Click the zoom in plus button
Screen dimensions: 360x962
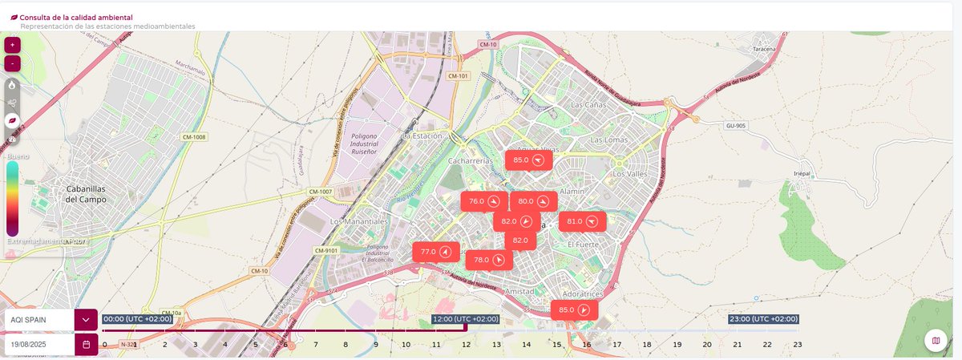[13, 46]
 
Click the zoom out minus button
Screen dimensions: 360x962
[13, 63]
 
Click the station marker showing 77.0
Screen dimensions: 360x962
[435, 252]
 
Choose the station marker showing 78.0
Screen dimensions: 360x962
[489, 260]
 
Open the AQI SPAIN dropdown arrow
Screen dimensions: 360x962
[86, 319]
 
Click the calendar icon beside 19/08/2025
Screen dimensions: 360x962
[86, 344]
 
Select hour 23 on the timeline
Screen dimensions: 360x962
[797, 344]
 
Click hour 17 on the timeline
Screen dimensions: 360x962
[616, 344]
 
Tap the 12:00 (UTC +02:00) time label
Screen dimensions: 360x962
[465, 319]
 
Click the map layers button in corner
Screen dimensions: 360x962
[936, 342]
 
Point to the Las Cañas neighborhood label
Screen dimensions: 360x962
[587, 105]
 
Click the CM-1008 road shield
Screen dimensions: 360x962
[193, 137]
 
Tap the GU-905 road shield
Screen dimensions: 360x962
[735, 126]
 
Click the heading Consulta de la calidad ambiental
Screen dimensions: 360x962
[76, 17]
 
